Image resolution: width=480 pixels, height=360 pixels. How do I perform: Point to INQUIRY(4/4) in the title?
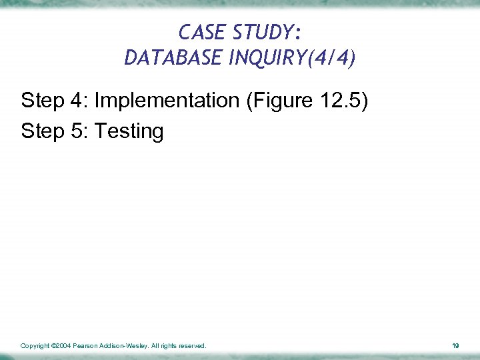291,58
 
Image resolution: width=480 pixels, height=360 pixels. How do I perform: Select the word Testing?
129,131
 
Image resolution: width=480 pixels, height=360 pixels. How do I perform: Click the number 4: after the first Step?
77,101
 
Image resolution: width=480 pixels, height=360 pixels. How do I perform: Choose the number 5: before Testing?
77,131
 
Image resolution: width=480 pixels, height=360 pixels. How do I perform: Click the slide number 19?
455,346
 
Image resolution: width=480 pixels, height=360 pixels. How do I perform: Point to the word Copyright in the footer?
35,346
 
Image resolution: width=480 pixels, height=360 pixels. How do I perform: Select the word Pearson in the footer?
86,346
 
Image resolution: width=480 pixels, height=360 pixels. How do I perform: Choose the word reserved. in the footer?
193,346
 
